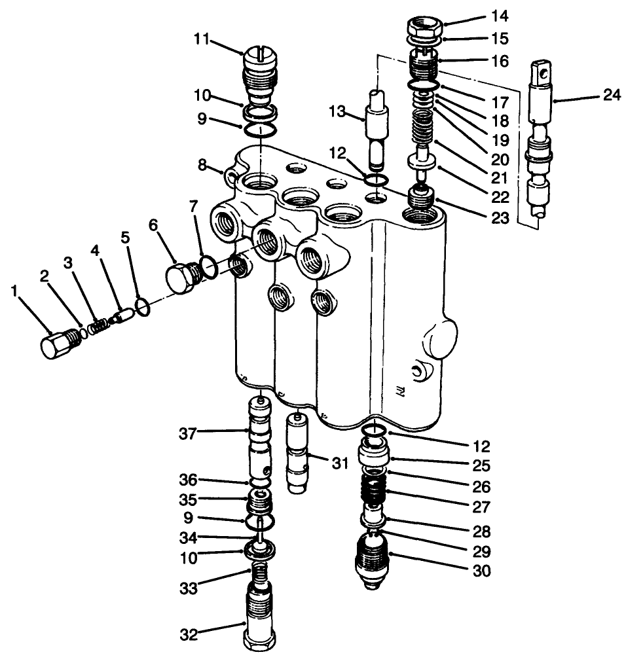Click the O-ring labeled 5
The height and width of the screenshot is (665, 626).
point(144,306)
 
